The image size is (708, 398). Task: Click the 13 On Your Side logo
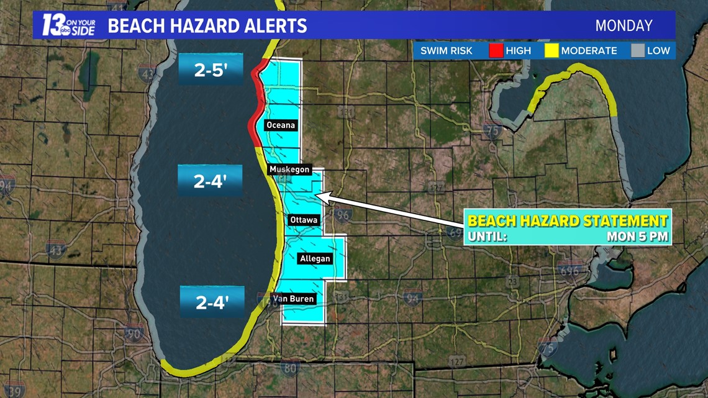click(68, 25)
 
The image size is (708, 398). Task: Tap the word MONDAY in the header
click(624, 25)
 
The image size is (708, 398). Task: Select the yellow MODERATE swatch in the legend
click(551, 51)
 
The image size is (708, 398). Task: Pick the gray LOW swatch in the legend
click(638, 51)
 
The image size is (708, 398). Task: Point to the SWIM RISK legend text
click(445, 51)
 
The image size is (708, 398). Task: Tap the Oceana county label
click(280, 125)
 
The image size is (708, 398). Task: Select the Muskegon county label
click(289, 169)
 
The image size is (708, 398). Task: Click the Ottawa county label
click(304, 220)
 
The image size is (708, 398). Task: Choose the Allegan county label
click(315, 258)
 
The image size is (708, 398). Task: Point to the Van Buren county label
click(294, 299)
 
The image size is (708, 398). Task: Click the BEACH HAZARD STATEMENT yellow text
click(567, 220)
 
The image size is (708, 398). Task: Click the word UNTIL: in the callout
click(488, 236)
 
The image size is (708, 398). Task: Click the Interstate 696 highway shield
click(569, 271)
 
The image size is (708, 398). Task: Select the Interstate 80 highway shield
click(290, 369)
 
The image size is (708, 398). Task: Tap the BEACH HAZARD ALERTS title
click(207, 25)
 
